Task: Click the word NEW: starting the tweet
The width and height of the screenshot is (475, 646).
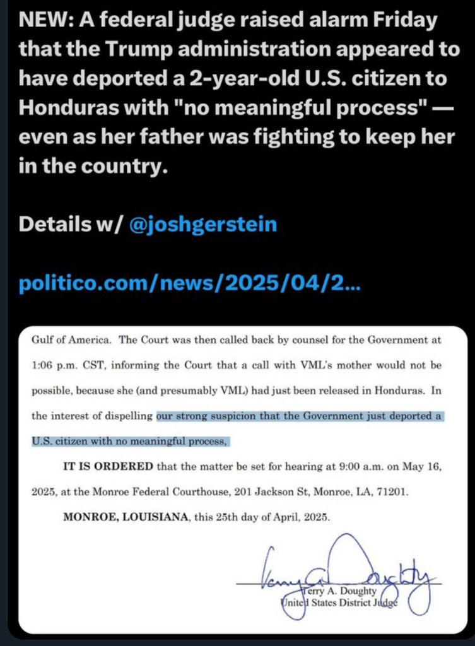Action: pyautogui.click(x=42, y=20)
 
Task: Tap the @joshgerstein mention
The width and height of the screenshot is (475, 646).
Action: pyautogui.click(x=202, y=224)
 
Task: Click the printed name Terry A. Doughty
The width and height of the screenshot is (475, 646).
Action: pyautogui.click(x=339, y=590)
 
